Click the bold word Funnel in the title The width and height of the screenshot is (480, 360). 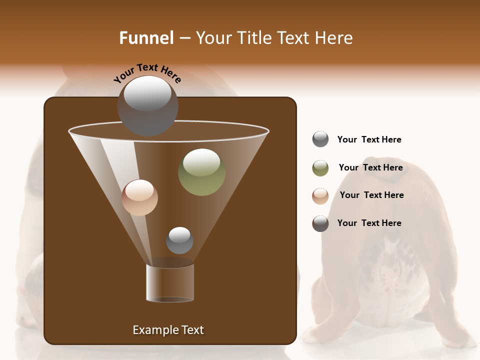[146, 38]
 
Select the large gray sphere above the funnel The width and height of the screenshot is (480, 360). [147, 106]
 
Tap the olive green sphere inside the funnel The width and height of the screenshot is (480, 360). [201, 172]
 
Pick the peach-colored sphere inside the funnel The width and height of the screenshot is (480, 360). [139, 197]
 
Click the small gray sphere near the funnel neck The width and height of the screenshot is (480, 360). [179, 240]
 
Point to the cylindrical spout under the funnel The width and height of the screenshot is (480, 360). [170, 283]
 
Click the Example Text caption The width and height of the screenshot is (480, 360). [168, 330]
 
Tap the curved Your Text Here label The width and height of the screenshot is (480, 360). [147, 73]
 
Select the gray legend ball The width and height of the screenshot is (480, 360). [320, 139]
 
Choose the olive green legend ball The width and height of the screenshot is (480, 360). [320, 168]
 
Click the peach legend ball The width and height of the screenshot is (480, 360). [320, 196]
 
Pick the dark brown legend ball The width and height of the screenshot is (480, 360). [320, 223]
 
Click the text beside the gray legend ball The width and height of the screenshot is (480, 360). [369, 139]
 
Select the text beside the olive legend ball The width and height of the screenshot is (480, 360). [370, 167]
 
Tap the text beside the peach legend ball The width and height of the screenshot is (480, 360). [371, 195]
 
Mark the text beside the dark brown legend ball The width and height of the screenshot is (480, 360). [369, 223]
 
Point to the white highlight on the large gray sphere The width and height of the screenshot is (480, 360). [147, 93]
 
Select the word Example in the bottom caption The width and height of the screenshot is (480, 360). [152, 330]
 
